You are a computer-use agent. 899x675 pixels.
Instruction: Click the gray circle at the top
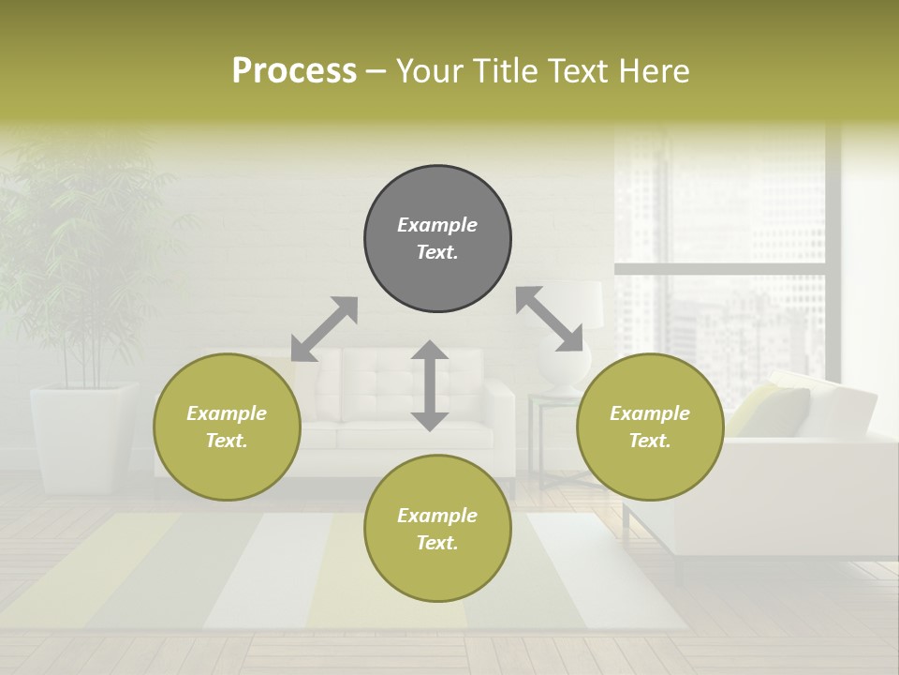click(437, 239)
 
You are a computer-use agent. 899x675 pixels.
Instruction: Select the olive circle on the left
click(227, 427)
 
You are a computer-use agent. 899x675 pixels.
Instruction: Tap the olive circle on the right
click(650, 427)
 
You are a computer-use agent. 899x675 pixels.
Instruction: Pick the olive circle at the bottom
click(437, 529)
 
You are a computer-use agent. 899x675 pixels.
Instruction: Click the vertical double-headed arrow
click(430, 385)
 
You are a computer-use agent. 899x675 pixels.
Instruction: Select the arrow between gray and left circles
click(324, 328)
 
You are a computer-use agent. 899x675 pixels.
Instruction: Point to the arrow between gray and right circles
click(549, 320)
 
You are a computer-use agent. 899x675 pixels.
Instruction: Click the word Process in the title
click(294, 70)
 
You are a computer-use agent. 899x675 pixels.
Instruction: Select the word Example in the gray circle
click(437, 225)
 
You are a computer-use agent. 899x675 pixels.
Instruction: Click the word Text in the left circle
click(226, 441)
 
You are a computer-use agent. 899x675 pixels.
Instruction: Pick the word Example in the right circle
click(650, 413)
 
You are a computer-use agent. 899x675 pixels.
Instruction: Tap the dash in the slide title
click(375, 71)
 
